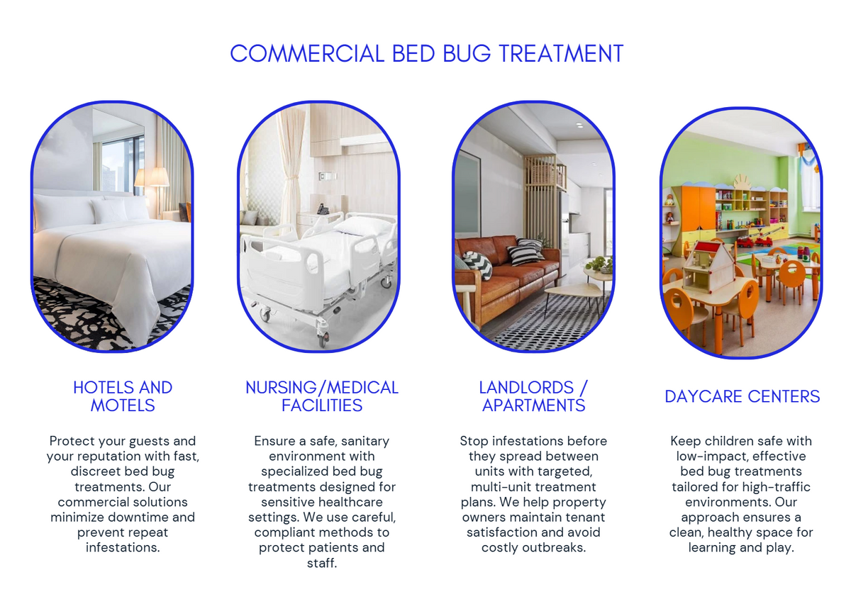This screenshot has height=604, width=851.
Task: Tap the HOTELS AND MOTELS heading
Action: pos(123,396)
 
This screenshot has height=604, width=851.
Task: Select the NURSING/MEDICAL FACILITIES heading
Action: pos(322,396)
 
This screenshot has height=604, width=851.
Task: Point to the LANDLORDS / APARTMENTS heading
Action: pos(533,396)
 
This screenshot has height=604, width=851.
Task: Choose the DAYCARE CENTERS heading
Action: pos(742,396)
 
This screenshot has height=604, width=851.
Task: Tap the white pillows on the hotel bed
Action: pos(106,211)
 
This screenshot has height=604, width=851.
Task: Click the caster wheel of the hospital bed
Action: pos(323,340)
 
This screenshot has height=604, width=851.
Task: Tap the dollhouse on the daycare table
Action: pos(708,265)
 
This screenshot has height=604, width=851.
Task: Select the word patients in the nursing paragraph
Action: pos(343,548)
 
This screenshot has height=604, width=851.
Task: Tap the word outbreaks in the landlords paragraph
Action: pos(557,548)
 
